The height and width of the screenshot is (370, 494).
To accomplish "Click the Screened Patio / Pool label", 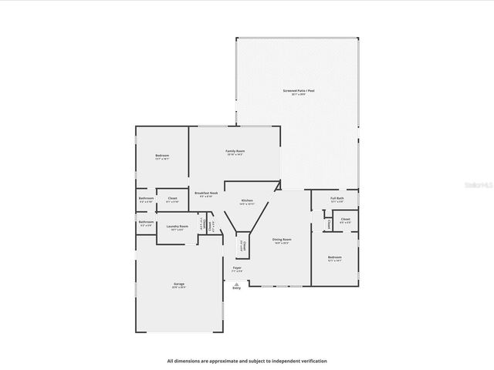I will click(x=294, y=91).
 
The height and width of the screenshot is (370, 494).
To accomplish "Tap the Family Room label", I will click(x=235, y=150).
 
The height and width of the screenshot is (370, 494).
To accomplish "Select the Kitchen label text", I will click(x=247, y=200).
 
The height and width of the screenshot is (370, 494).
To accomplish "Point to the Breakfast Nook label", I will click(x=206, y=193).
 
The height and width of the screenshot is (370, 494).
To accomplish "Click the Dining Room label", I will click(x=282, y=240).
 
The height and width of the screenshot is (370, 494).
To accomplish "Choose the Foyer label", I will click(x=237, y=267).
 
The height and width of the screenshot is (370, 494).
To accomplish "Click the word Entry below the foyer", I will click(x=236, y=288).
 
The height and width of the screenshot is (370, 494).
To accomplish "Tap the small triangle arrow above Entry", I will click(x=236, y=282).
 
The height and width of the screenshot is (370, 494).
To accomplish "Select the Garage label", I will click(x=179, y=284).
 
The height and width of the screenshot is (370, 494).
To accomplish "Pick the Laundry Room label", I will click(x=178, y=226).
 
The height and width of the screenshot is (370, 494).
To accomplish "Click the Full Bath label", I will click(x=337, y=198).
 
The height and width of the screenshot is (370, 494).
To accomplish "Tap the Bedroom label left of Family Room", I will click(x=162, y=155).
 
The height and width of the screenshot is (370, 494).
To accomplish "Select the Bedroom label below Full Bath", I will click(x=334, y=257).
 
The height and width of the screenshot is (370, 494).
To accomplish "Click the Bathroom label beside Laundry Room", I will click(x=147, y=222).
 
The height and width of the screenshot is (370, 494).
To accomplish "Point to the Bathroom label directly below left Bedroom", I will click(x=147, y=198).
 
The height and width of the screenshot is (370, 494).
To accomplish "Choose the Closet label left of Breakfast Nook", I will click(x=172, y=198).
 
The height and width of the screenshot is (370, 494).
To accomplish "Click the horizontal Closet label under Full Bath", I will click(x=345, y=219).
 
